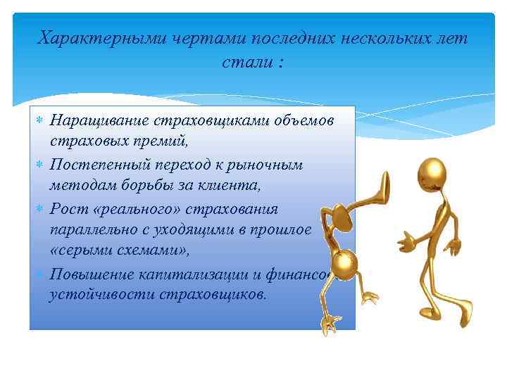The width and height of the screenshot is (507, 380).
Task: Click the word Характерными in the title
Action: pyautogui.click(x=102, y=38)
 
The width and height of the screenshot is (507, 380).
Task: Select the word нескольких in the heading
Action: pyautogui.click(x=380, y=38)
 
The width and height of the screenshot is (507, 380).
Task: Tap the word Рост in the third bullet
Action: pyautogui.click(x=67, y=209)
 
